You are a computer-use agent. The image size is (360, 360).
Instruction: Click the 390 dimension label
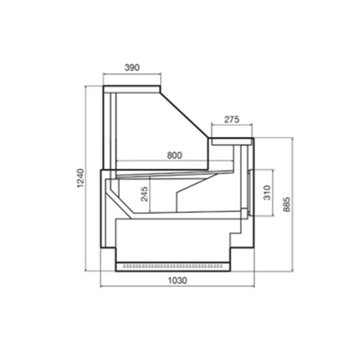[132, 67]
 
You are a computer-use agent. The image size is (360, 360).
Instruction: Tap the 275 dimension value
[232, 119]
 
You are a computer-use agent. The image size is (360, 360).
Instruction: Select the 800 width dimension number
[175, 155]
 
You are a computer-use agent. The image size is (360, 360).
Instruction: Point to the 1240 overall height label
[80, 178]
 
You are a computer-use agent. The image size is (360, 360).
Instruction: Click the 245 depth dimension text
[145, 194]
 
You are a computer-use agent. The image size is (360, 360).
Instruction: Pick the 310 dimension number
[267, 193]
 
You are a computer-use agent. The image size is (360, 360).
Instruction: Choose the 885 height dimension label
[287, 205]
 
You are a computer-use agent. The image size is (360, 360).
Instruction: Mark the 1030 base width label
[178, 280]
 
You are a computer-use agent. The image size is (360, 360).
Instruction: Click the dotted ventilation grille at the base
[173, 266]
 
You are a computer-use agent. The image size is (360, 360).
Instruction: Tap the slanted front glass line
[185, 115]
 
